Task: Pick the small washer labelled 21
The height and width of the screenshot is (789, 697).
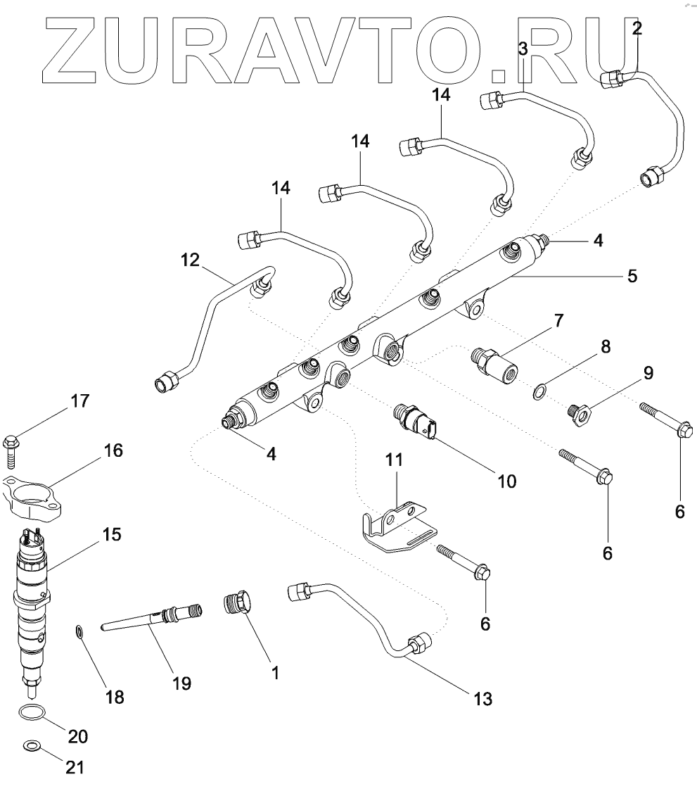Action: (31, 745)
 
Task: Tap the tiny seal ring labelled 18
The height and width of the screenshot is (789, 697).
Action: (81, 633)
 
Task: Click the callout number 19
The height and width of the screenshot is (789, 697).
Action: (182, 683)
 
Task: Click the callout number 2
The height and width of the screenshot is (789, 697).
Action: (637, 30)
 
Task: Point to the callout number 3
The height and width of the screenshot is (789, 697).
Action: (522, 49)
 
